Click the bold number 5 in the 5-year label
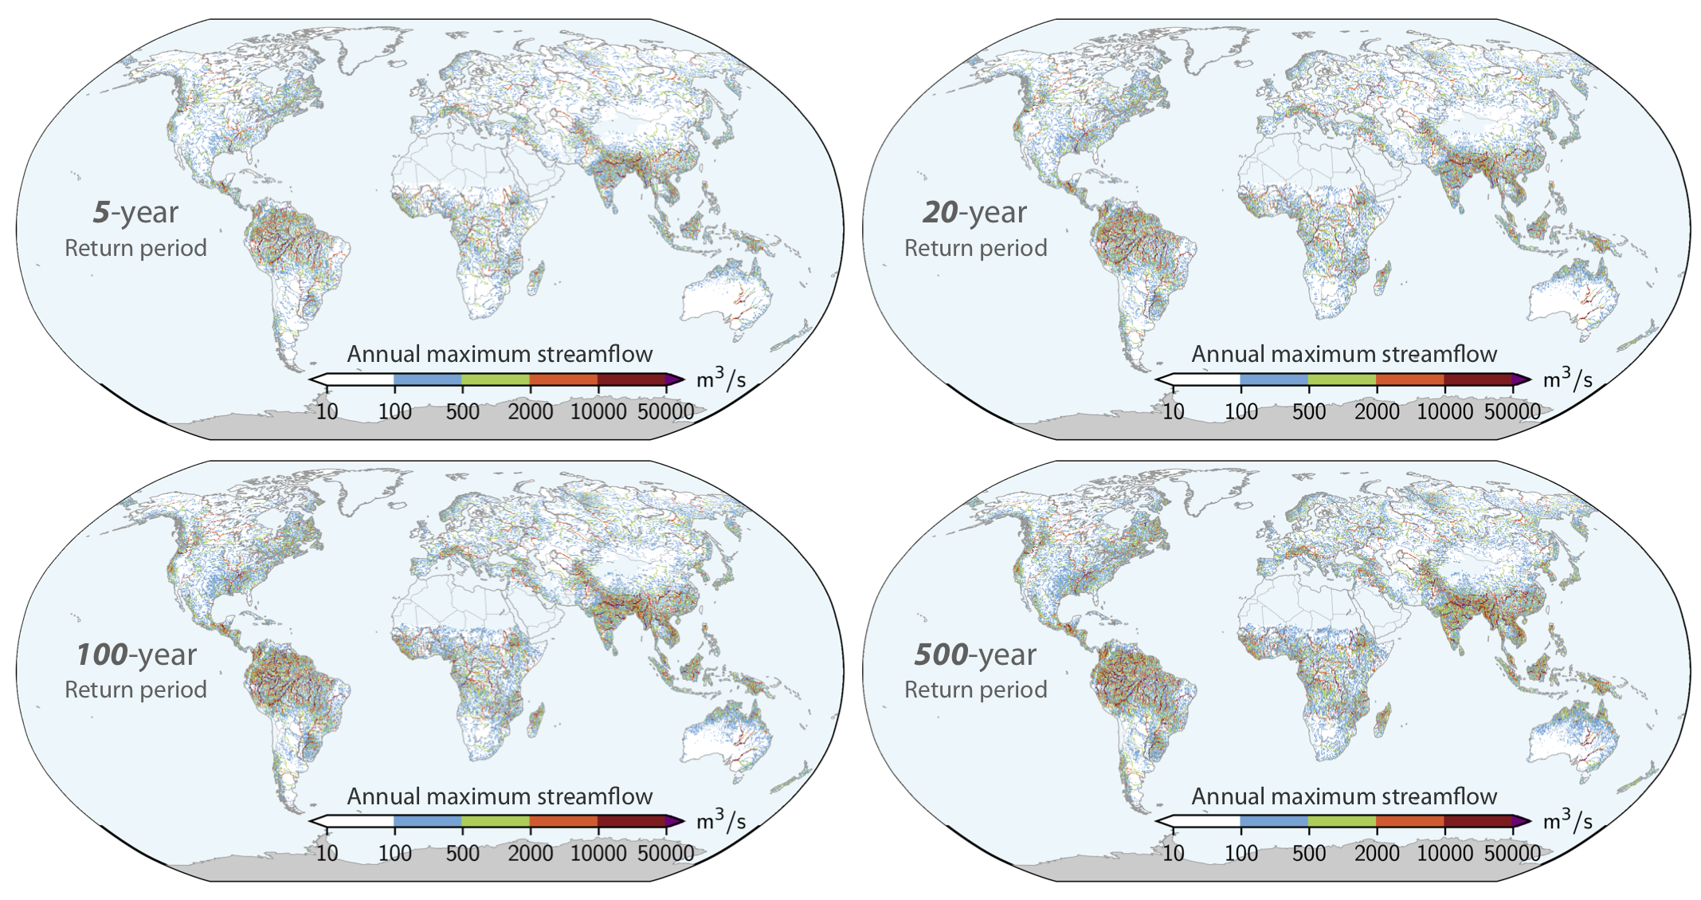pos(101,212)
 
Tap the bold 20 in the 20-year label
pos(940,212)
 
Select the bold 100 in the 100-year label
pos(101,654)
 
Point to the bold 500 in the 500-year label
pos(940,654)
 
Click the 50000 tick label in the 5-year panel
pos(666,412)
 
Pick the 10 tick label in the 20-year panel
pos(1173,412)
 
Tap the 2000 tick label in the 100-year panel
pos(531,854)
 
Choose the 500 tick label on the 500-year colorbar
pos(1309,854)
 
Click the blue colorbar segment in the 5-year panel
pos(428,379)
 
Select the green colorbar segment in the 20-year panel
pos(1342,379)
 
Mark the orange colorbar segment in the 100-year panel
pos(564,821)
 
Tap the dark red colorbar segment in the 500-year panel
pos(1478,821)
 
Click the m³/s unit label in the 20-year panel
pos(1567,378)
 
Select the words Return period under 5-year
pos(135,249)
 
